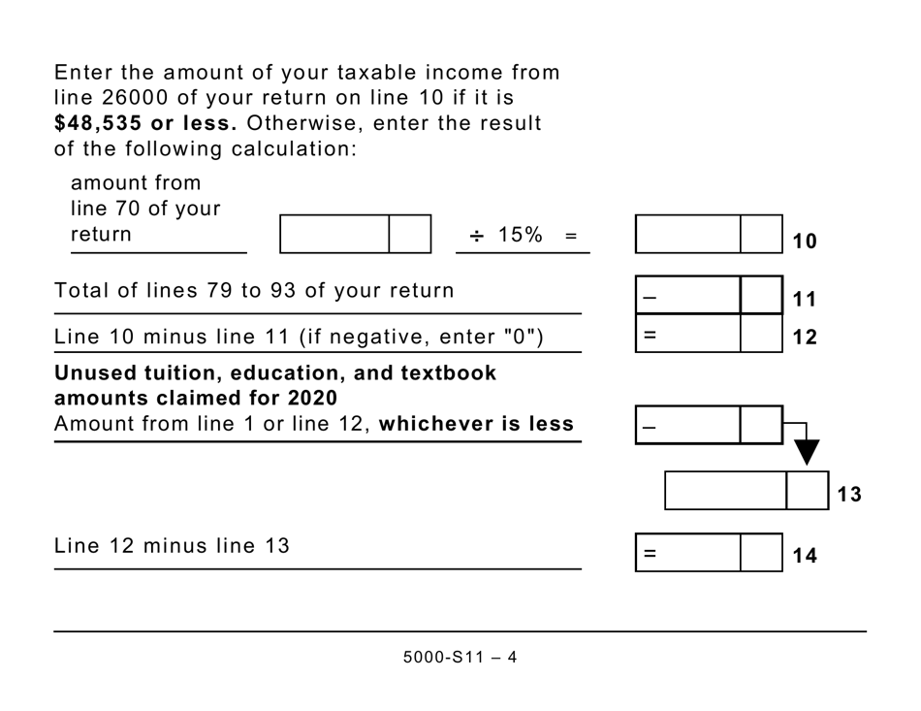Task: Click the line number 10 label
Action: pos(805,242)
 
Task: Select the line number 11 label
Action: pos(805,300)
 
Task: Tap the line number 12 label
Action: pos(805,338)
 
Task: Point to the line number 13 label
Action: pos(849,495)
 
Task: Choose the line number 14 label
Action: pos(805,556)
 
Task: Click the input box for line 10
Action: pos(688,235)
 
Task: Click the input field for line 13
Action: pos(725,491)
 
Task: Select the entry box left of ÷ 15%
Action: pos(334,235)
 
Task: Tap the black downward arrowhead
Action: pos(806,452)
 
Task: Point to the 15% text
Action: pos(520,235)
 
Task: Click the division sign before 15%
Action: pos(476,236)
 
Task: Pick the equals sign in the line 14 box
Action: pos(650,554)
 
